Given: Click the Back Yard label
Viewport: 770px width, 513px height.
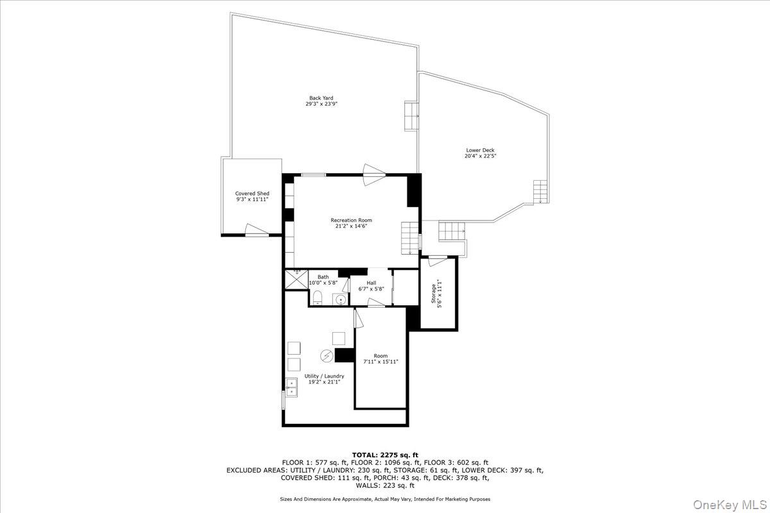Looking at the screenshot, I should [x=321, y=98].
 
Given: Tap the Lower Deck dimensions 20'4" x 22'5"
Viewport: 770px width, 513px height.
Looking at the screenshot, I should [x=481, y=156].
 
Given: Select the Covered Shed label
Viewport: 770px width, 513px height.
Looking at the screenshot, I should [x=252, y=193].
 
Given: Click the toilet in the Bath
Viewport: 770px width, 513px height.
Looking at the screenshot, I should [x=317, y=298].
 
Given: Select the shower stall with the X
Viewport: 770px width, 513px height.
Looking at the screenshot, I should [x=295, y=280].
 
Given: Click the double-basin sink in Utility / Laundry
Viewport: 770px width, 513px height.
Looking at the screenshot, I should [x=291, y=387].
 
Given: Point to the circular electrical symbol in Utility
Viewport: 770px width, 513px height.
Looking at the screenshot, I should [x=327, y=355].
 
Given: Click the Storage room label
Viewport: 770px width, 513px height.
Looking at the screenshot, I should [x=434, y=294].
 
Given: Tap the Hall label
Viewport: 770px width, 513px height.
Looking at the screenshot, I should [x=371, y=283].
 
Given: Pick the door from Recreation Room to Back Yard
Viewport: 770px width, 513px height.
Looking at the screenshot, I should [x=373, y=174].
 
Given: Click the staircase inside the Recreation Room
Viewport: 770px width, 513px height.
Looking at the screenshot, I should [x=409, y=237].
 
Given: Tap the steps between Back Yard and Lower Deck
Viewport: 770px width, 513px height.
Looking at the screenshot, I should [x=411, y=115].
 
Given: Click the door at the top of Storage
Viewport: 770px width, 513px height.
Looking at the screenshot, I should [x=438, y=259].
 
